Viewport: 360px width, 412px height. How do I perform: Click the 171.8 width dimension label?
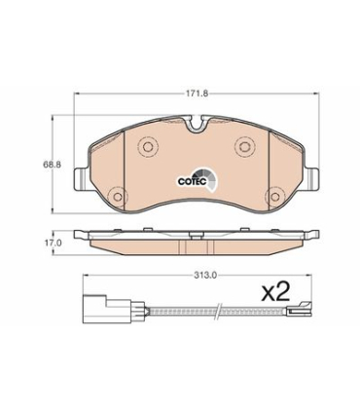pyautogui.click(x=196, y=94)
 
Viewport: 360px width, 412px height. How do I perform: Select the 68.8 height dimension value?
pyautogui.click(x=52, y=165)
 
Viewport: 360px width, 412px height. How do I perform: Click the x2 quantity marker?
pyautogui.click(x=275, y=291)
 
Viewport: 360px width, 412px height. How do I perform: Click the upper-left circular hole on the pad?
pyautogui.click(x=148, y=146)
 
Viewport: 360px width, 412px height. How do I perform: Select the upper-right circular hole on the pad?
pyautogui.click(x=244, y=146)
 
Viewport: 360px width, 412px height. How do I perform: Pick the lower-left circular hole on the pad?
pyautogui.click(x=118, y=197)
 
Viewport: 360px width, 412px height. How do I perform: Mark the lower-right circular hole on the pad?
pyautogui.click(x=274, y=197)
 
